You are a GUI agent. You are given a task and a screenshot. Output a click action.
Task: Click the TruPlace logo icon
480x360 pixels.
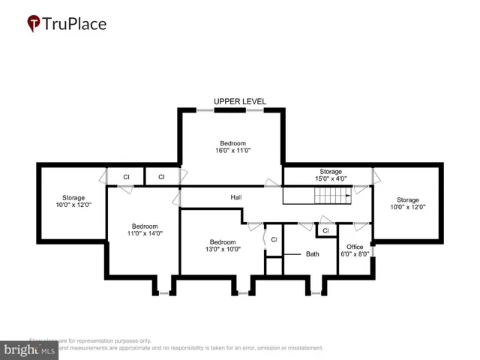tap(34, 24)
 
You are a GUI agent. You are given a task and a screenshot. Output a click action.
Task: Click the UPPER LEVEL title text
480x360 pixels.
tap(239, 101)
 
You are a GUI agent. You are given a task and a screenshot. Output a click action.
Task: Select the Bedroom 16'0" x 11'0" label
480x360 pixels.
tap(232, 147)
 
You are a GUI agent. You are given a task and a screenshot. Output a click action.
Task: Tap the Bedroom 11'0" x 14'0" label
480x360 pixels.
tap(145, 229)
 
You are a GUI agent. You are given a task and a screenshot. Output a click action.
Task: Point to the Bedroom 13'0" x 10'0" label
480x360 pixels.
tap(223, 246)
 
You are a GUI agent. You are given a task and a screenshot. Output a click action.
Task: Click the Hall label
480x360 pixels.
tap(235, 197)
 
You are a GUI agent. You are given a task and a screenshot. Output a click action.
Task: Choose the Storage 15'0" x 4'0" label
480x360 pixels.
tap(331, 175)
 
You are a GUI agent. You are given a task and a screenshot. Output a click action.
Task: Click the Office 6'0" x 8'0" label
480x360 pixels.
tap(355, 250)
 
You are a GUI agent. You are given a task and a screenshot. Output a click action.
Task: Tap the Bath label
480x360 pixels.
tap(313, 254)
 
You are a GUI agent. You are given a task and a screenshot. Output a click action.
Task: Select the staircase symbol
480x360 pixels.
tap(331, 196)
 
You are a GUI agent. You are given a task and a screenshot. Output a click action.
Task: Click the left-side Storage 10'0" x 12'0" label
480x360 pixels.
tap(73, 202)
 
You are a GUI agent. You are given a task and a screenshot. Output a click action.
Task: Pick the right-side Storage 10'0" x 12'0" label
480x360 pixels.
tap(407, 203)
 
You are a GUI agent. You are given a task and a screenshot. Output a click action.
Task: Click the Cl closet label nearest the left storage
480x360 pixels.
tap(126, 177)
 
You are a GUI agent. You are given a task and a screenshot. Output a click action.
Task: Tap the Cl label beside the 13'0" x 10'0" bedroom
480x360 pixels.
tap(274, 239)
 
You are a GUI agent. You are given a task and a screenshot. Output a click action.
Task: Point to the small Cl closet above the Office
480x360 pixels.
tap(325, 230)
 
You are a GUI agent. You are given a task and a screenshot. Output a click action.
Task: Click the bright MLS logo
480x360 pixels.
tap(29, 349)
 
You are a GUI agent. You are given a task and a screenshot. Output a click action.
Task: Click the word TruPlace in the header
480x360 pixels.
tap(75, 24)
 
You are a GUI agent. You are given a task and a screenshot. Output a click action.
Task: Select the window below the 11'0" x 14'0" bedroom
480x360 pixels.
tap(163, 293)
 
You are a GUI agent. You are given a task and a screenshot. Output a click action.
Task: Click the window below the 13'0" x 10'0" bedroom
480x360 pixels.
tap(241, 293)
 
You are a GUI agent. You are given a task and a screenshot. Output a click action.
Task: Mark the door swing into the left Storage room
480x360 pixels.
tap(102, 178)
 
